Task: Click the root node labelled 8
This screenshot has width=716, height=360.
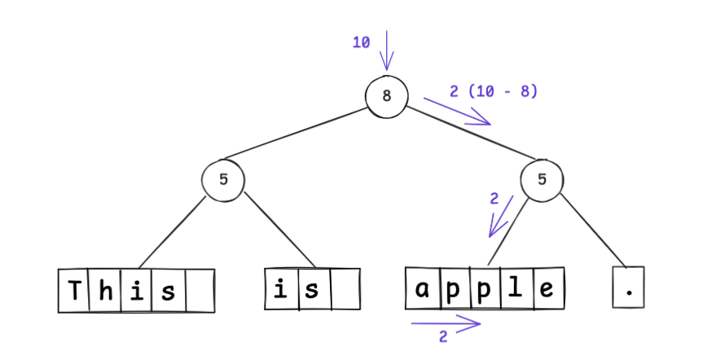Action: pos(387,95)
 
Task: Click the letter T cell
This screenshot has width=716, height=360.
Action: pos(74,291)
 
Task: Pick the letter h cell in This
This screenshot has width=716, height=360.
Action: pos(106,291)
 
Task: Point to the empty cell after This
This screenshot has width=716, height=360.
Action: pos(200,291)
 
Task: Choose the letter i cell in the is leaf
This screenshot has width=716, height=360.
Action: pos(282,289)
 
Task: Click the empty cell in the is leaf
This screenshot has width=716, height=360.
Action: pos(345,289)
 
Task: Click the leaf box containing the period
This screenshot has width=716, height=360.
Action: pos(628,288)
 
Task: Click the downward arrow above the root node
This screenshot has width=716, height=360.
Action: pos(387,50)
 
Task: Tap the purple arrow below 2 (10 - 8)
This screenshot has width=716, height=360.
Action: pos(457,112)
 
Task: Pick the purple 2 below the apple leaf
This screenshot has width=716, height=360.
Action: pos(443,336)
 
